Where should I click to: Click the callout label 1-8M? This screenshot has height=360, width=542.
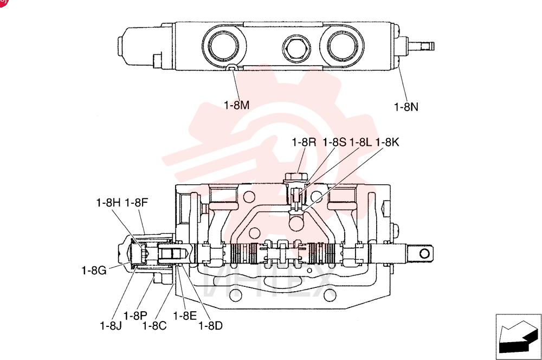[x=237, y=105]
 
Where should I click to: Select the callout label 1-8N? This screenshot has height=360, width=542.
[x=406, y=107]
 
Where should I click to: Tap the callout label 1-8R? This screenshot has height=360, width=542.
[x=304, y=142]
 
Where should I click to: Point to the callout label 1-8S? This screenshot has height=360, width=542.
[x=334, y=142]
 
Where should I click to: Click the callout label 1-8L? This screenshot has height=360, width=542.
[x=360, y=142]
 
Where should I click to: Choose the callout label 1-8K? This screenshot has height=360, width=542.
[x=387, y=142]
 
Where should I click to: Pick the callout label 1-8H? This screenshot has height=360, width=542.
[x=108, y=202]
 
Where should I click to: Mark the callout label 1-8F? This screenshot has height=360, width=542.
[x=136, y=202]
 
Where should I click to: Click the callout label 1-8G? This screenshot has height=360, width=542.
[x=94, y=270]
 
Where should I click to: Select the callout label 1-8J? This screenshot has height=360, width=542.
[x=111, y=325]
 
